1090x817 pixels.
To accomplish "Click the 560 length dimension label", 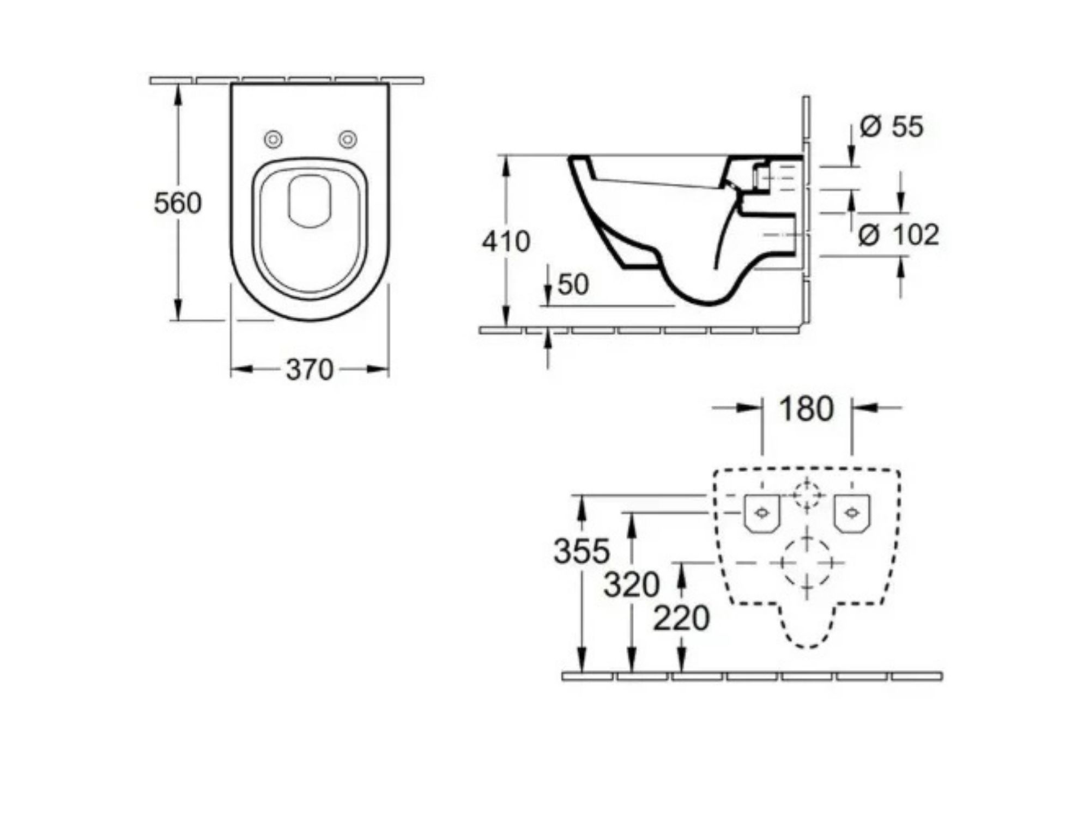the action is (x=178, y=204).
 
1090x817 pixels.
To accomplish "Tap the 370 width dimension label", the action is (x=310, y=370).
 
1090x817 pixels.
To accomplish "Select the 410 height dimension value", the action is (x=506, y=241).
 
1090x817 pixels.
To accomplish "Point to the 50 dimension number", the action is (x=573, y=284).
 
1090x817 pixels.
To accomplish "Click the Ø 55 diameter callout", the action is (x=892, y=126).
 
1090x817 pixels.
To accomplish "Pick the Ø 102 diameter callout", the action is (x=899, y=235).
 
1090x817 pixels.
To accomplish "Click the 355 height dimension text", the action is (x=582, y=551).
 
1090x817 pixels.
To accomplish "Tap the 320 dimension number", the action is (x=632, y=585).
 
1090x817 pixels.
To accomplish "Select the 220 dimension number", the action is (x=682, y=618).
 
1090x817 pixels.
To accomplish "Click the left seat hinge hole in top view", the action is (x=273, y=139).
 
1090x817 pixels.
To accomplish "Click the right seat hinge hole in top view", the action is (x=348, y=139).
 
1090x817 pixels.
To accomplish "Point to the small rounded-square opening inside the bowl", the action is (x=310, y=201).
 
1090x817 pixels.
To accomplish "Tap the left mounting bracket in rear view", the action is (x=762, y=514).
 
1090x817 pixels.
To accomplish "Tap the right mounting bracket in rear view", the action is (x=852, y=514).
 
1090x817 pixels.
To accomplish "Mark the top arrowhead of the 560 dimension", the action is (x=178, y=96).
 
